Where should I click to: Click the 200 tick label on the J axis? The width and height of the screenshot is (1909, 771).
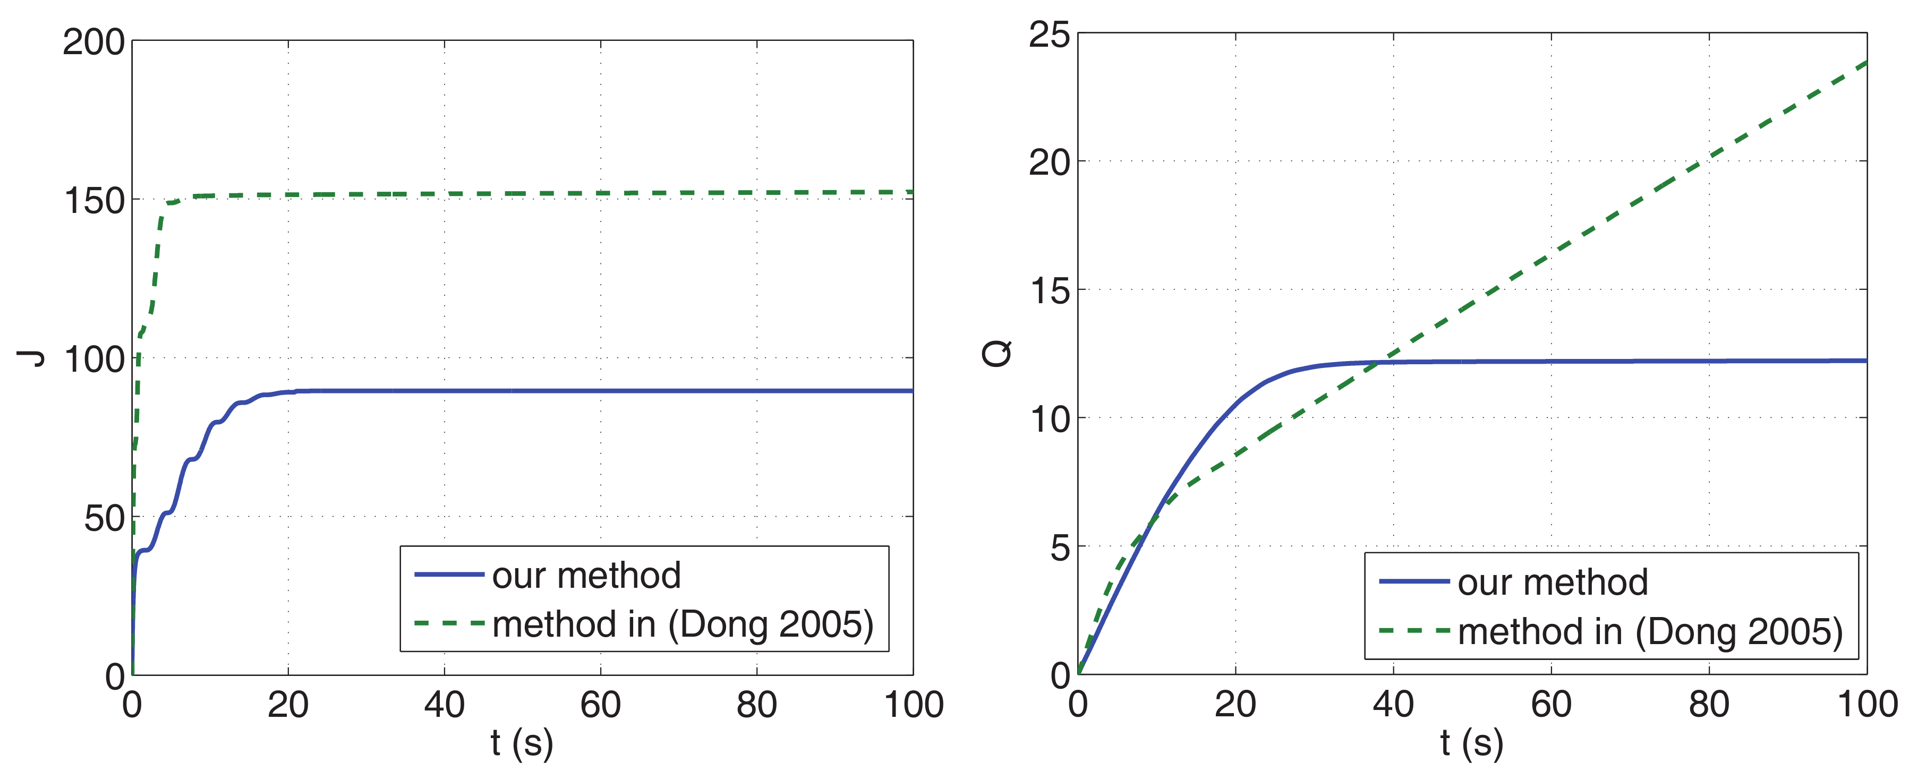coord(93,42)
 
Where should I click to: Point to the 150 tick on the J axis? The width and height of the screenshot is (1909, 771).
coord(93,201)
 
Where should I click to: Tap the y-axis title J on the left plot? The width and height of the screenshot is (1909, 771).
coord(31,358)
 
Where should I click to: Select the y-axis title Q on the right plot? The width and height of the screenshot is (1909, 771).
coord(997,353)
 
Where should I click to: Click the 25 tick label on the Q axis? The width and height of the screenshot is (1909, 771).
coord(1050,35)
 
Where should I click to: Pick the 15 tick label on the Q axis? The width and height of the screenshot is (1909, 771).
coord(1050,291)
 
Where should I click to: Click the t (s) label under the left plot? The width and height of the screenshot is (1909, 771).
coord(522,742)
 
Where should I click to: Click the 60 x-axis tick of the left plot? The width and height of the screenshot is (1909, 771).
coord(600,704)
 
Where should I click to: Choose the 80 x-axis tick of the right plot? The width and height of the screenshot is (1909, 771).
coord(1709,704)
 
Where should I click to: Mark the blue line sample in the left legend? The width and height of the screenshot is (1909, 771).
coord(449,575)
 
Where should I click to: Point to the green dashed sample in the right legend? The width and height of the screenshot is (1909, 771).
coord(1414,631)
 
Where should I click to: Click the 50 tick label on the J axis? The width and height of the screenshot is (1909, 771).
coord(104,518)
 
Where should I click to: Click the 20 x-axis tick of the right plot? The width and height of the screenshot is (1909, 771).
coord(1235,704)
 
